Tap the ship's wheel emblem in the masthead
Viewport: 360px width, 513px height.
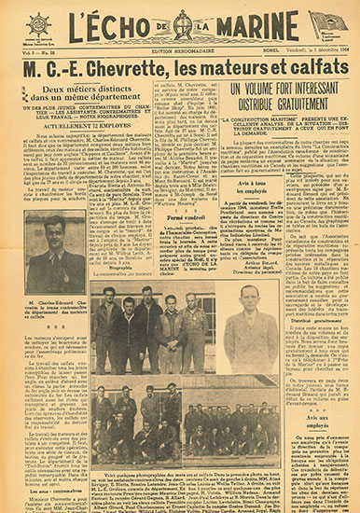pos(39,23)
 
